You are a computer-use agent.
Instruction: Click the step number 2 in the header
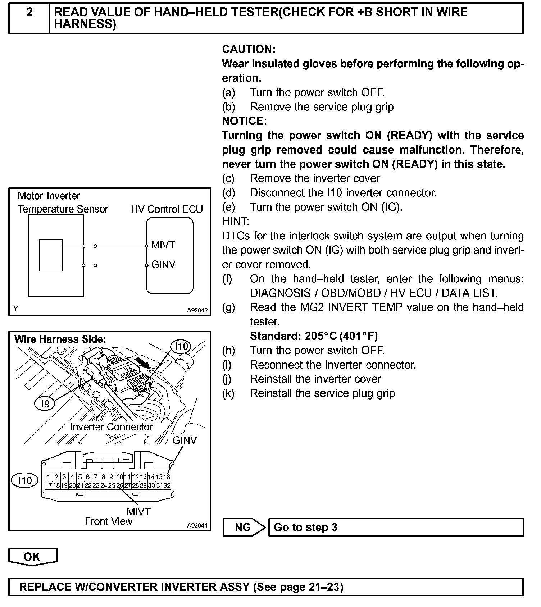point(29,13)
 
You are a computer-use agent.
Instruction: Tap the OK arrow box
point(32,556)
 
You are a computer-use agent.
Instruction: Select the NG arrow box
point(243,527)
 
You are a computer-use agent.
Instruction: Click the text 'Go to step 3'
point(305,527)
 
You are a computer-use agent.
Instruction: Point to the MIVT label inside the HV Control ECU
point(163,245)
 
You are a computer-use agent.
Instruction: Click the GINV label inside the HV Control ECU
point(163,265)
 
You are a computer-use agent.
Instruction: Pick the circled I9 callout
point(45,403)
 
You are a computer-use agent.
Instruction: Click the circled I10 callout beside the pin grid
point(25,480)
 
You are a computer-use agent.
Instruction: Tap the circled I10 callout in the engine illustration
point(181,347)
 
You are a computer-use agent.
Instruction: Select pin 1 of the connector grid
point(48,477)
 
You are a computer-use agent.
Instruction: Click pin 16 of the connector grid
point(167,477)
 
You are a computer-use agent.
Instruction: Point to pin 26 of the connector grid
point(119,485)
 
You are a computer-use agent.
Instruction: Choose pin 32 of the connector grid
point(167,485)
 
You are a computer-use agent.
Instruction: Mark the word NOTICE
point(245,121)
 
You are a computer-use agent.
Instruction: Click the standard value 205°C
point(320,336)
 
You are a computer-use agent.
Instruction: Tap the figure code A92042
point(197,310)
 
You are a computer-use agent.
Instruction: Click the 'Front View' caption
point(109,521)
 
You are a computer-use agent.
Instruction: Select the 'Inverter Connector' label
point(111,427)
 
